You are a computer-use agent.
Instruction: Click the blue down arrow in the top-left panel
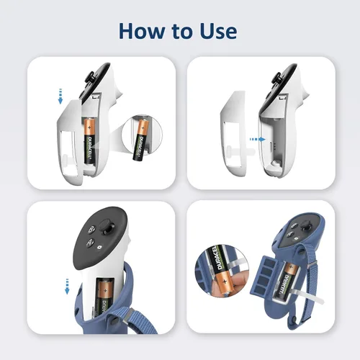[x=60, y=96]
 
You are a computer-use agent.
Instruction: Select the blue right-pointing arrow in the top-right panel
[x=258, y=139]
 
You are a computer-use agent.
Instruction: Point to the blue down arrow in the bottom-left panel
[x=67, y=287]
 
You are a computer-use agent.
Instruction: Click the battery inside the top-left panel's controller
[x=90, y=140]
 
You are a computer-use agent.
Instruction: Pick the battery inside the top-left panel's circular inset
[x=141, y=140]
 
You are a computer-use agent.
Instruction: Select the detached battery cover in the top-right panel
[x=233, y=135]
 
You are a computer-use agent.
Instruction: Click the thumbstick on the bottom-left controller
[x=107, y=228]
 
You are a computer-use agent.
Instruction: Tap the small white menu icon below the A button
[x=99, y=247]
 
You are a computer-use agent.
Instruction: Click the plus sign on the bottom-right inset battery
[x=225, y=282]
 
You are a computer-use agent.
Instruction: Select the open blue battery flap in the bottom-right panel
[x=264, y=276]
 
